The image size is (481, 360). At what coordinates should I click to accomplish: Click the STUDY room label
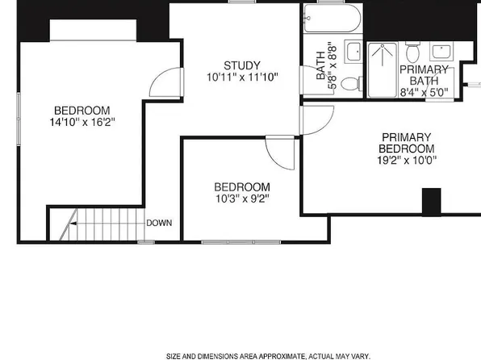coord(242,65)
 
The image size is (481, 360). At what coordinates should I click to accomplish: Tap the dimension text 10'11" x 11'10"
coord(242,77)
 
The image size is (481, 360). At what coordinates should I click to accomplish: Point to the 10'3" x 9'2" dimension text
coord(242,198)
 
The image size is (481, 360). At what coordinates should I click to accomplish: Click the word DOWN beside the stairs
coord(157,223)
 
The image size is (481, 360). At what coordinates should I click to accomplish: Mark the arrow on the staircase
coord(73,221)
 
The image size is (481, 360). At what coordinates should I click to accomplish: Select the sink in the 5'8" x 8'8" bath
coord(353,52)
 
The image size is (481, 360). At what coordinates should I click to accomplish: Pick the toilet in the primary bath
coord(413,52)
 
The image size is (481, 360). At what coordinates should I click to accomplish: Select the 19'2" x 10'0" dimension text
coord(408,161)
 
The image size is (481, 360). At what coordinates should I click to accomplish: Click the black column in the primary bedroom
coord(432,202)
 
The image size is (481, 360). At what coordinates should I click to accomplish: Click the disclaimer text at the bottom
coord(268,355)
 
